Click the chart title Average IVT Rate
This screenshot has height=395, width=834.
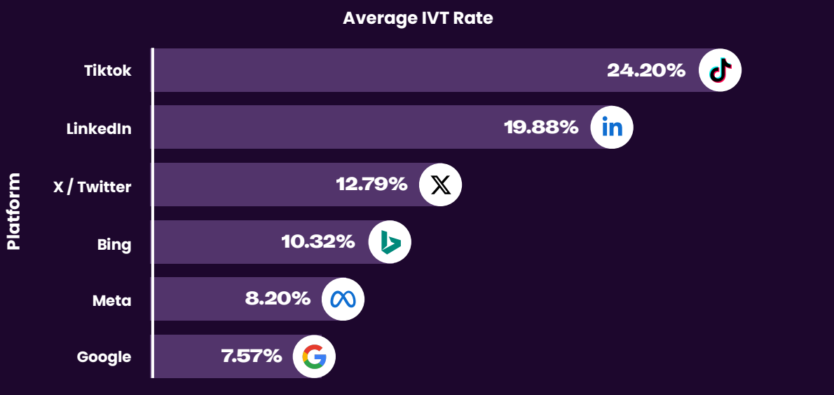point(418,18)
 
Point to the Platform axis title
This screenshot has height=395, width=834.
point(13,211)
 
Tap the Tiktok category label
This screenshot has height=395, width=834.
point(107,71)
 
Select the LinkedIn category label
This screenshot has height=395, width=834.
point(99,129)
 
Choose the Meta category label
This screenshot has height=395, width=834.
point(112,301)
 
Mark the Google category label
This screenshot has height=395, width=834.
point(104,357)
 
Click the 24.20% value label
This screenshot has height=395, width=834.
point(645,70)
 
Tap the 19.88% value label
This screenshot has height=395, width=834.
point(541,128)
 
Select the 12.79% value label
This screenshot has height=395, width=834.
point(371,185)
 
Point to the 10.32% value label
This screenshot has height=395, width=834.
point(317,242)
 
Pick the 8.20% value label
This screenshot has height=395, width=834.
point(278,299)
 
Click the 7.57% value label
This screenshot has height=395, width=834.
point(252,356)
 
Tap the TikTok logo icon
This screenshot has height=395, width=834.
point(720,70)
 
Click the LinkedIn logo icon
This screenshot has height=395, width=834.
point(612,128)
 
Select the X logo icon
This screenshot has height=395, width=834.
point(440,185)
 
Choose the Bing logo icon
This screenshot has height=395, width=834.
point(390,242)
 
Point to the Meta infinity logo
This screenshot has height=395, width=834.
point(343,299)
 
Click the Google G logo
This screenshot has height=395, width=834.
point(314,356)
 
